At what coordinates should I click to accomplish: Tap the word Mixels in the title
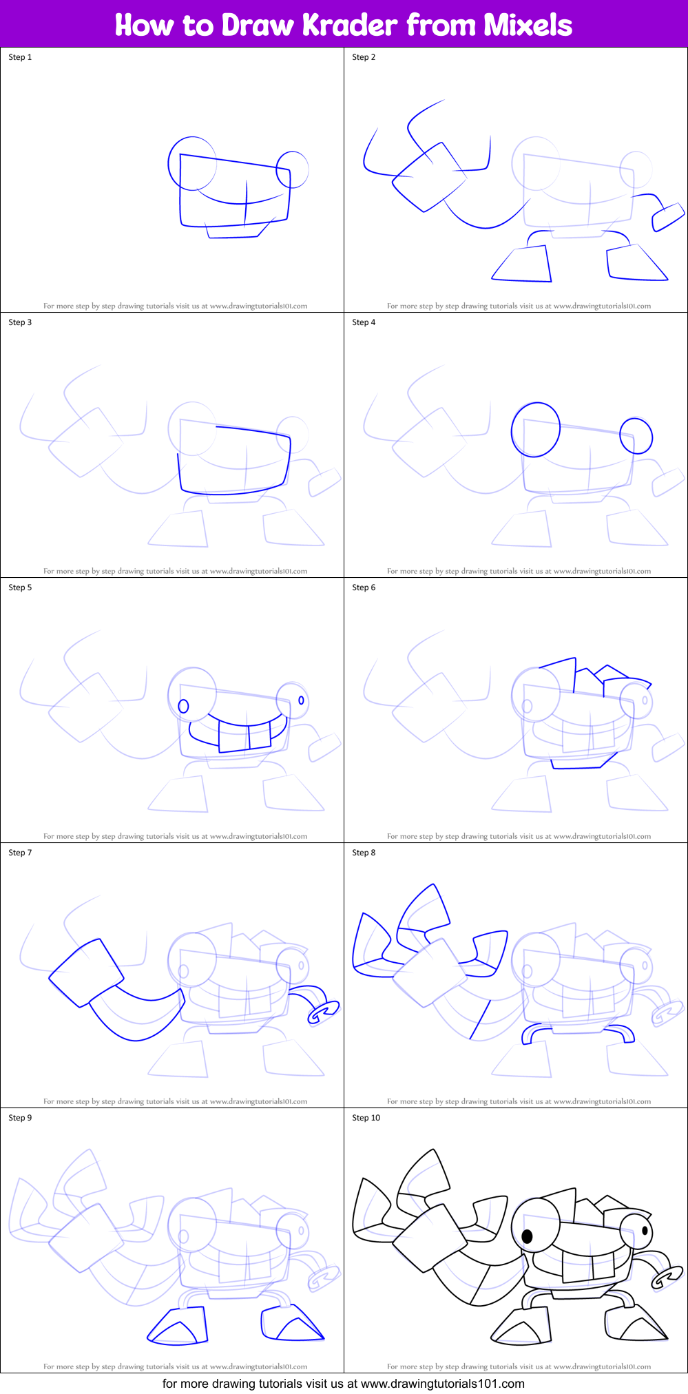[528, 25]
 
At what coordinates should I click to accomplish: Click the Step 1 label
[20, 57]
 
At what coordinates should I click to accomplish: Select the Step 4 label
[364, 322]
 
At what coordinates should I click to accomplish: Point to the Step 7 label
[20, 853]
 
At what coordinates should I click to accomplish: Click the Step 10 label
[366, 1118]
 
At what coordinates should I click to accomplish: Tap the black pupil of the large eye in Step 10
[528, 1236]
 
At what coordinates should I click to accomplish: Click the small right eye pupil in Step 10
[645, 1230]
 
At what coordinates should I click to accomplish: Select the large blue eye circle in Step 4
[535, 430]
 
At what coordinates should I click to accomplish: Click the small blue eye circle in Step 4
[636, 435]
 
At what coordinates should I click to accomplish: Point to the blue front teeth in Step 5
[244, 736]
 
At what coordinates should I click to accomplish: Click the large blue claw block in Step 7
[86, 972]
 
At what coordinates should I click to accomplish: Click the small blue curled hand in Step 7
[322, 1012]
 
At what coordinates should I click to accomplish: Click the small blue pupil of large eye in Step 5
[183, 706]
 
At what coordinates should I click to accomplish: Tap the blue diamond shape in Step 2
[429, 178]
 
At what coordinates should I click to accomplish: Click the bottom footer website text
[343, 1384]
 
